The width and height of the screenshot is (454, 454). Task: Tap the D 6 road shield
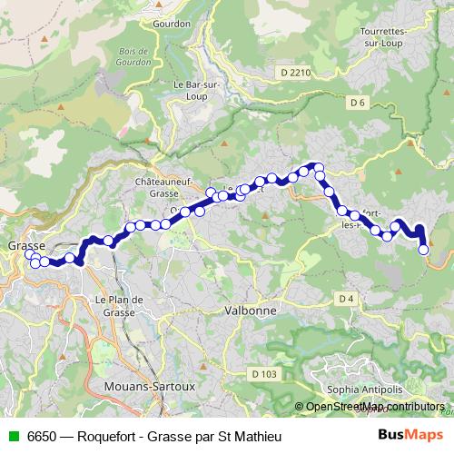coord(357,103)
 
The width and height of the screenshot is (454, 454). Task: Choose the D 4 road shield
coord(345,299)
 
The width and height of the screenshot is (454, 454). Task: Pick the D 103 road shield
coord(265,374)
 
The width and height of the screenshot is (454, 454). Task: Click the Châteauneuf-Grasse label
coord(161,187)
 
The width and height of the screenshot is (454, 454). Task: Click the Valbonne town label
coord(242,309)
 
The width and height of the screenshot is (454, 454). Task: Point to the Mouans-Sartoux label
coord(126,385)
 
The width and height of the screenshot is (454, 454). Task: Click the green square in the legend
coord(13,435)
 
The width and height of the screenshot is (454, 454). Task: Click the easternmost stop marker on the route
coord(423,249)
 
